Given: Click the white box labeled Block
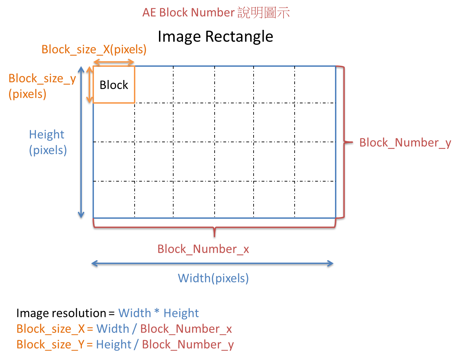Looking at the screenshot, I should pos(114,85).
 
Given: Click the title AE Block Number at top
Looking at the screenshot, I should pos(189,13).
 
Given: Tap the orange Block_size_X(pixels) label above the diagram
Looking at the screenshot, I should pos(94,49).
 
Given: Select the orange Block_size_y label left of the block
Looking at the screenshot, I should pos(42,79).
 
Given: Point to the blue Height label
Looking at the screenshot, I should pos(47,135).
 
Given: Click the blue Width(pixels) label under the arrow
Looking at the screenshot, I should pos(213,278).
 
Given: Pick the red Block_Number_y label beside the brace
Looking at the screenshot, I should pos(405,143).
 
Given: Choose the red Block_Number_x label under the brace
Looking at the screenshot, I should pos(203,249).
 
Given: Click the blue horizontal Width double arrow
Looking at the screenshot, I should pos(212,263).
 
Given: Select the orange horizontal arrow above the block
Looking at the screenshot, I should pos(114,62).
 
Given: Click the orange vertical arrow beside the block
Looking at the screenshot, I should pos(89,85).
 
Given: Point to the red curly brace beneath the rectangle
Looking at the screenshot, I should pos(214,228).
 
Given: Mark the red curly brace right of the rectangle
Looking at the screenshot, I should pos(344,142).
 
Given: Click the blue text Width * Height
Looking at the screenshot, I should pos(158,313).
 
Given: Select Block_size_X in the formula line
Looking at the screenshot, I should pos(51,329).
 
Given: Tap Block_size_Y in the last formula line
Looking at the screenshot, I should pos(51,344).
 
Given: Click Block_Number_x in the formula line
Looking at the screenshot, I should pos(186,329).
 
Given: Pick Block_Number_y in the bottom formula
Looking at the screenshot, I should pos(188,344).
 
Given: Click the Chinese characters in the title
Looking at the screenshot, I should pos(264,13).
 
